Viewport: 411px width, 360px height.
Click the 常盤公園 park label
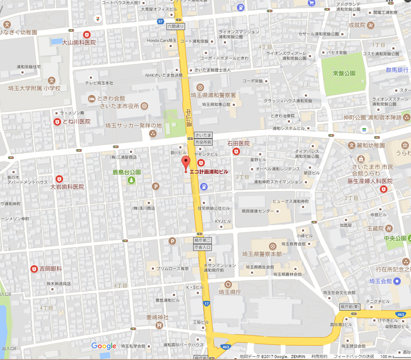tap(344, 74)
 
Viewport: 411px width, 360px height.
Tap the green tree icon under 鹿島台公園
tap(132, 180)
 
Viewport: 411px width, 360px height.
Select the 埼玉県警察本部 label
tap(261, 254)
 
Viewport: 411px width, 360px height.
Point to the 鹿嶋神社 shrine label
tap(157, 317)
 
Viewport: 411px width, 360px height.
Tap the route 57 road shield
tap(161, 22)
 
